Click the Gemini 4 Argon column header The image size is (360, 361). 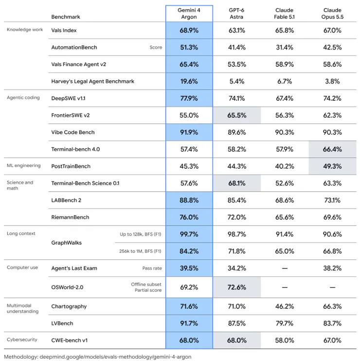[x=189, y=13]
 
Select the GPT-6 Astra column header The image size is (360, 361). [x=236, y=13]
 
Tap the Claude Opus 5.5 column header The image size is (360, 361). [x=332, y=13]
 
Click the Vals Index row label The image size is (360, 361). [x=64, y=30]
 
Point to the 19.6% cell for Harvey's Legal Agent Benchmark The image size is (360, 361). [x=189, y=81]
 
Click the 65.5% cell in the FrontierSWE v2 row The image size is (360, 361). [x=236, y=115]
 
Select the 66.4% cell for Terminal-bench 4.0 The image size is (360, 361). [x=332, y=149]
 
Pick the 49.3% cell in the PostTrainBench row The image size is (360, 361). [x=332, y=166]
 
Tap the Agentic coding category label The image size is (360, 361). [x=23, y=98]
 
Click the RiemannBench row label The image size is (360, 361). [x=70, y=217]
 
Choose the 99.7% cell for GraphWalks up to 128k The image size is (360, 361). [x=189, y=235]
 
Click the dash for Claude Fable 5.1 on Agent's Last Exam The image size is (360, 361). [x=285, y=269]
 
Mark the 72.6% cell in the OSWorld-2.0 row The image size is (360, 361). [x=236, y=288]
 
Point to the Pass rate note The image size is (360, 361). [x=152, y=268]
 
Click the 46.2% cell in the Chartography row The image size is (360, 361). [x=285, y=307]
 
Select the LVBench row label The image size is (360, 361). [x=62, y=324]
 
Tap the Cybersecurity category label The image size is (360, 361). [x=22, y=340]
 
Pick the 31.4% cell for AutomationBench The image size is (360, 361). [x=285, y=47]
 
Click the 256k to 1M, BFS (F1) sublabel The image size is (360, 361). [x=140, y=251]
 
